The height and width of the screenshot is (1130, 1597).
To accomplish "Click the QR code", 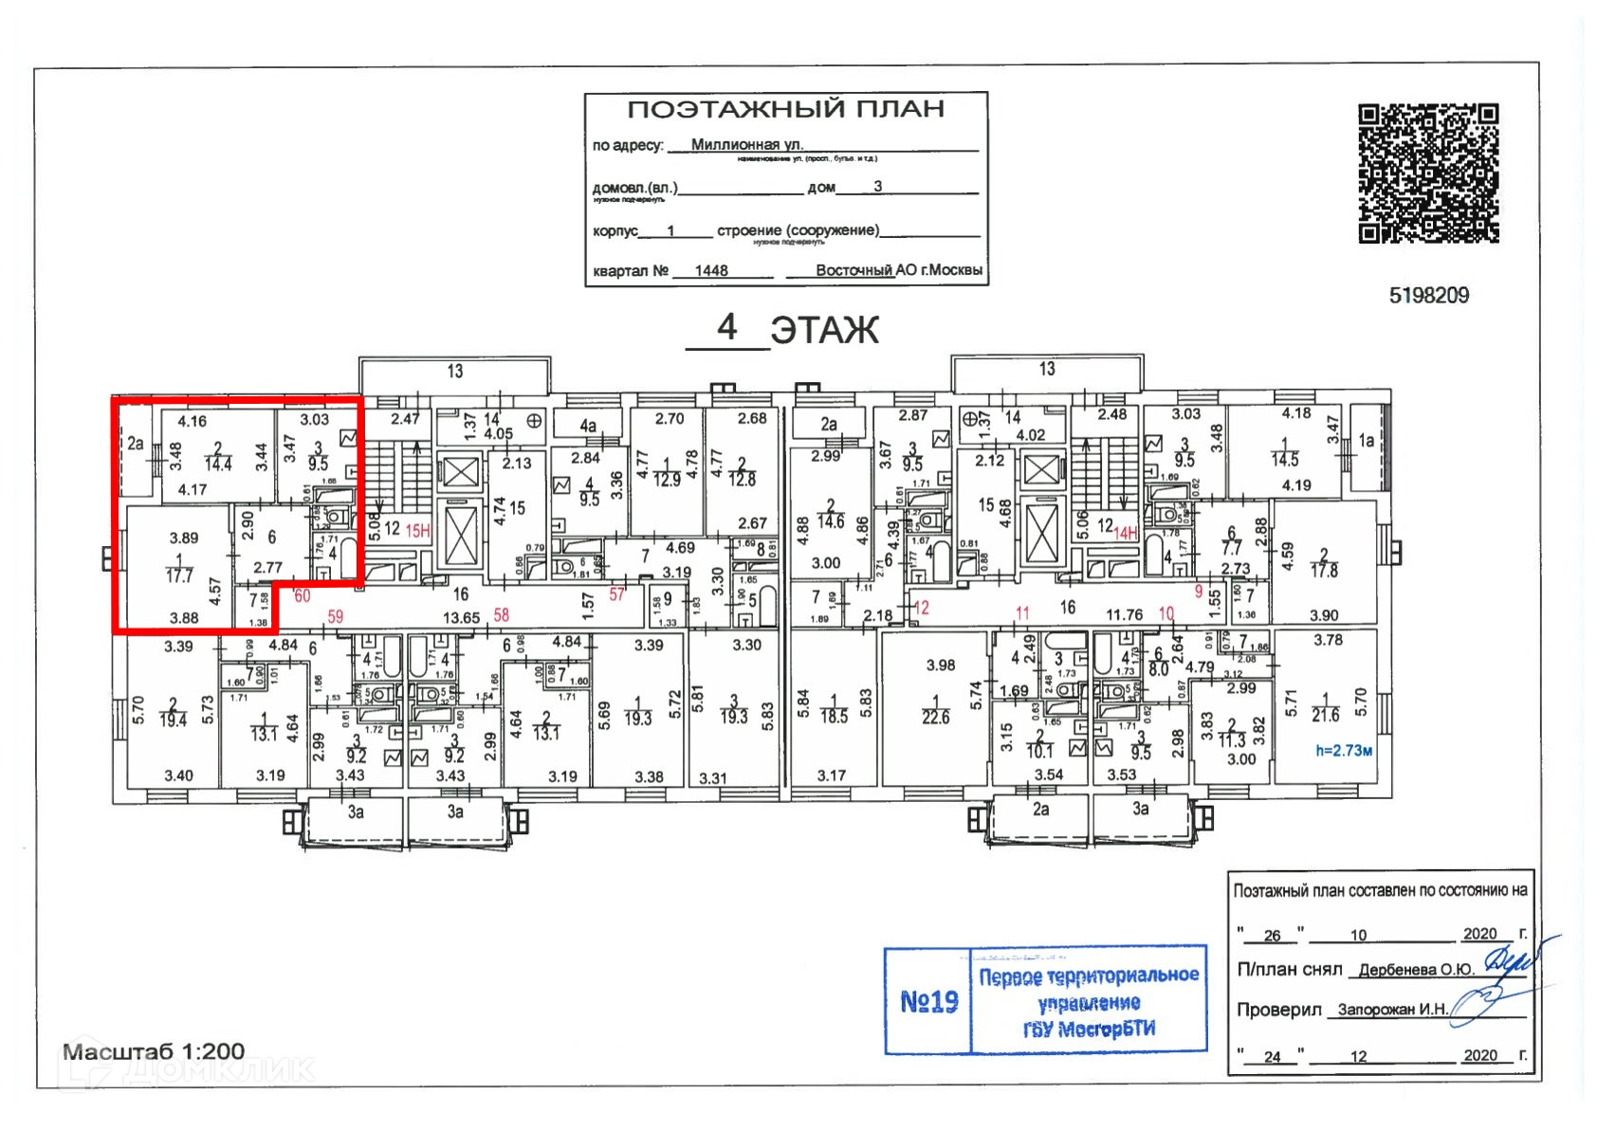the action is click(1428, 173).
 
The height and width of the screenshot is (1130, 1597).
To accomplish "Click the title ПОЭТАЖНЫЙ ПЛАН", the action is click(785, 109).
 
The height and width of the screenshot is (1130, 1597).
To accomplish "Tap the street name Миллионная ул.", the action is click(746, 144).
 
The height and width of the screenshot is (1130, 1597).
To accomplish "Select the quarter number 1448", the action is click(711, 270).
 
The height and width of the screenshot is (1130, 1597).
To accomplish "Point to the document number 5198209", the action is click(1428, 296).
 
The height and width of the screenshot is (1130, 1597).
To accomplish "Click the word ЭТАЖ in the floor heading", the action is click(824, 331).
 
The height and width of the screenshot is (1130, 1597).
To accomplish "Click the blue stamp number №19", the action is click(928, 1001).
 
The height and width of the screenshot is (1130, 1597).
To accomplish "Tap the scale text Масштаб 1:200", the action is click(154, 1051).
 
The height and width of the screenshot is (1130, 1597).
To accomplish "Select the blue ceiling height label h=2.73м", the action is click(1344, 751).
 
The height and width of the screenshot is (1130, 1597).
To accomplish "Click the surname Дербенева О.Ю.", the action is click(1416, 970).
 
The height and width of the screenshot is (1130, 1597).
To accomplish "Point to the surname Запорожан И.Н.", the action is click(1392, 1011).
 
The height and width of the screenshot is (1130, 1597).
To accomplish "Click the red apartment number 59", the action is click(335, 616).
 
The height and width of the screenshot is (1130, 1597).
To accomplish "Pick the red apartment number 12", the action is click(921, 608).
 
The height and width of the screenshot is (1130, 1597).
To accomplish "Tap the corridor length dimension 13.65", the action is click(461, 617).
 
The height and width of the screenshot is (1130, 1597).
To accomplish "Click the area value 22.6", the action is click(935, 718).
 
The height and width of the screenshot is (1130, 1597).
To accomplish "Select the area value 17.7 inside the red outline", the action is click(179, 575).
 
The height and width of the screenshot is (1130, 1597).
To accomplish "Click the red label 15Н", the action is click(417, 531).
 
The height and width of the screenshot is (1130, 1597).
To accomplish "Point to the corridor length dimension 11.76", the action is click(1124, 615).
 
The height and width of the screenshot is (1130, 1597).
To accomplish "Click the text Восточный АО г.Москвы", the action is click(898, 270).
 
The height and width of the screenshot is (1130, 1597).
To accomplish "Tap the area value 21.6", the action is click(1325, 715).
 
